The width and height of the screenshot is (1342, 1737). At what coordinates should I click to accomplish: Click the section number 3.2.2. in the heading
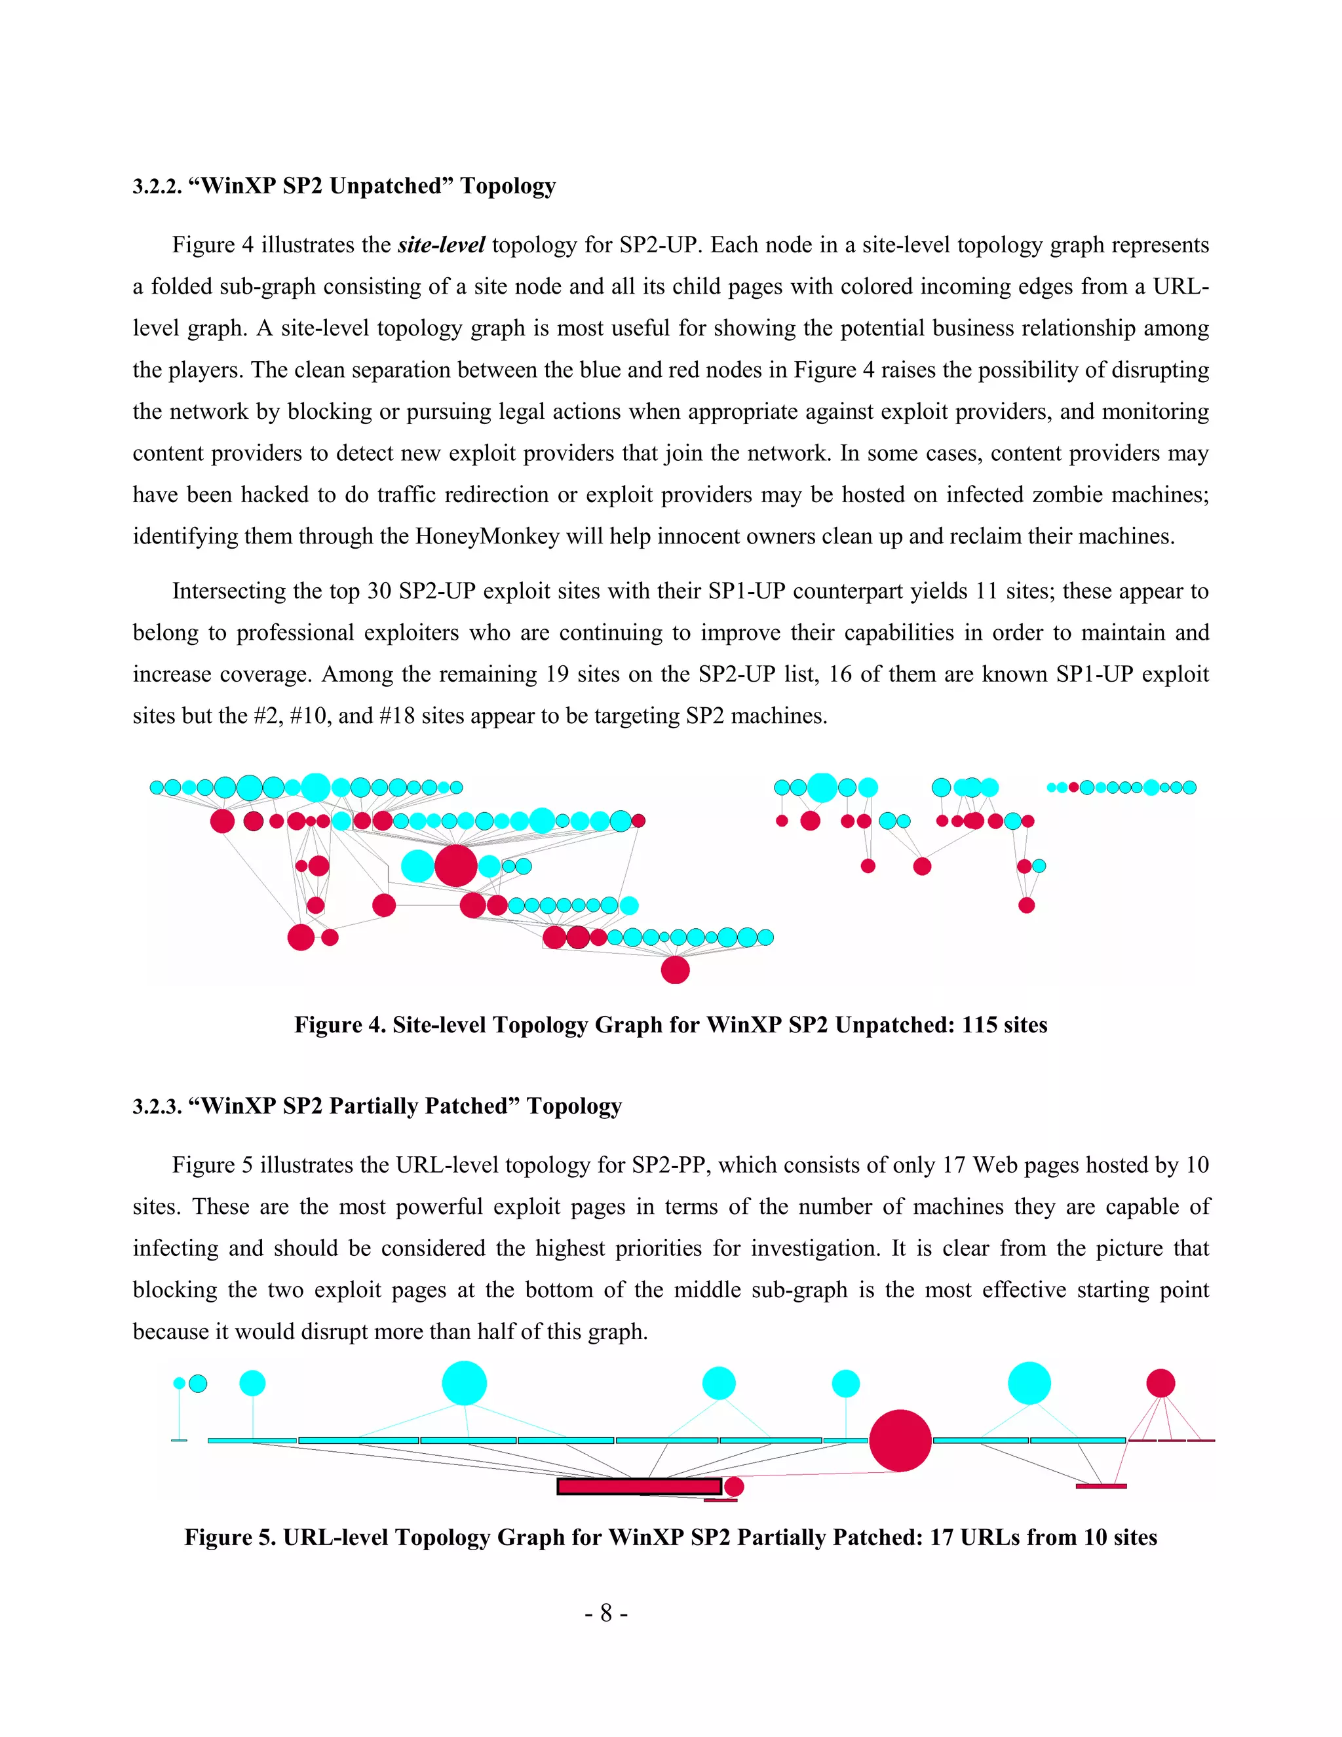(x=157, y=186)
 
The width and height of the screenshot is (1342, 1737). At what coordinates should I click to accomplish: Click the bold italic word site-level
(x=441, y=245)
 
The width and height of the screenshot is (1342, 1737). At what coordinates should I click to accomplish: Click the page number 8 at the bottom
(x=606, y=1613)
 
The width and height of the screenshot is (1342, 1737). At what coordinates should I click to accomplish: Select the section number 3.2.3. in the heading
(x=157, y=1106)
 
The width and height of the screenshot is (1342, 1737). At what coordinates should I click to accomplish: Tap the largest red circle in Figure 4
(x=455, y=865)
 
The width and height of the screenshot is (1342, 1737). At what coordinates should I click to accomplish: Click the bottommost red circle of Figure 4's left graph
(x=675, y=969)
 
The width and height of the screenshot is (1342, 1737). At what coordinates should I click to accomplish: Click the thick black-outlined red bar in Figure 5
(x=639, y=1487)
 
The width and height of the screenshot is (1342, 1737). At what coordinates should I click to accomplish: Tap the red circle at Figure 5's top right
(x=1160, y=1383)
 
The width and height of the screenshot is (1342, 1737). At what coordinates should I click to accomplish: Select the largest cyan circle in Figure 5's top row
(x=465, y=1383)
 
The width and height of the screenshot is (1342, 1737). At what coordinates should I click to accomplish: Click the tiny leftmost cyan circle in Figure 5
(x=180, y=1383)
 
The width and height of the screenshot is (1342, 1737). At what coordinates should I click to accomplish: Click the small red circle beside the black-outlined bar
(x=734, y=1487)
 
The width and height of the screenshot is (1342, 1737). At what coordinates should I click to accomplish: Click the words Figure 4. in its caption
(x=339, y=1025)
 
